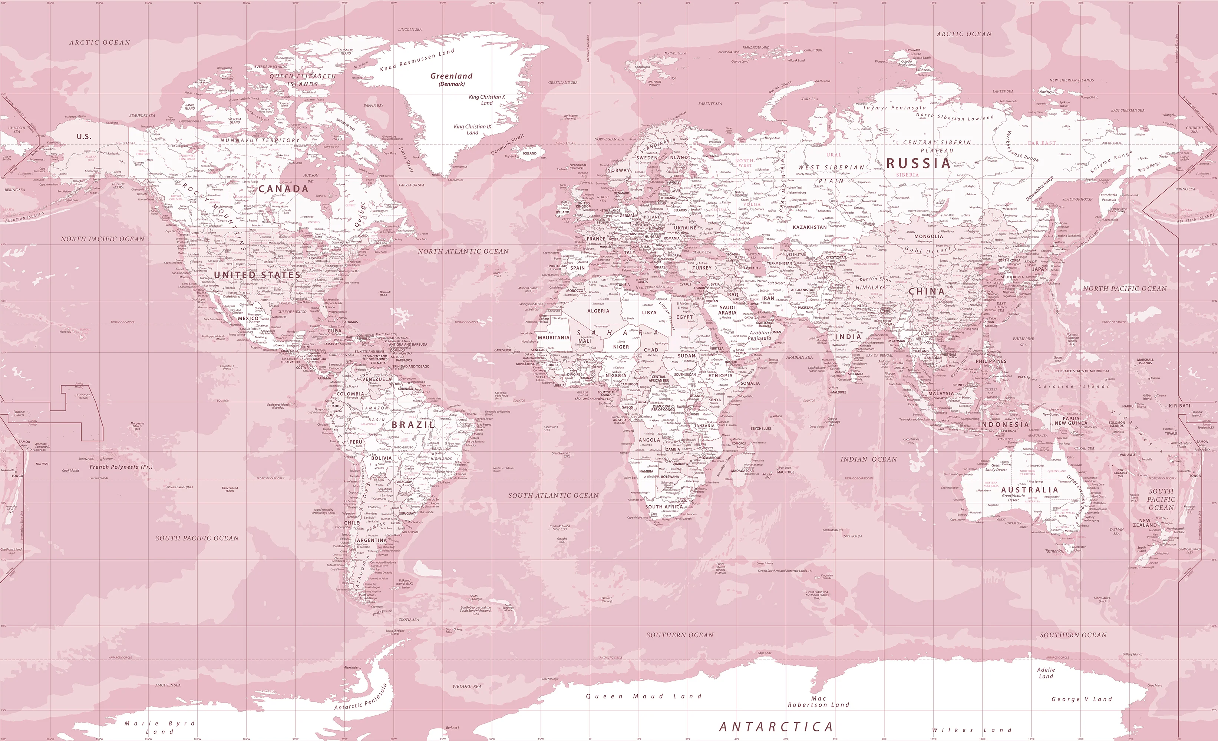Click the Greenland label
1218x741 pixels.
(451, 76)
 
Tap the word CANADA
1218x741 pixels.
(283, 189)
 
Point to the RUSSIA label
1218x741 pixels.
(918, 163)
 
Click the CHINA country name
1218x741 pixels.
(926, 292)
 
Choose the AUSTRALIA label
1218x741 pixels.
(1030, 490)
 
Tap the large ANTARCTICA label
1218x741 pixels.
(776, 727)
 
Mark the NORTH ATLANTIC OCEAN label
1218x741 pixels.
(463, 252)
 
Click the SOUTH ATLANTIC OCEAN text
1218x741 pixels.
(553, 495)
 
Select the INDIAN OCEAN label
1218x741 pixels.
(868, 459)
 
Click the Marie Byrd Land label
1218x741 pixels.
(160, 727)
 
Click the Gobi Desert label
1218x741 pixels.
(928, 250)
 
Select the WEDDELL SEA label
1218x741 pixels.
(467, 686)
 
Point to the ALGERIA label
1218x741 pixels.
(598, 311)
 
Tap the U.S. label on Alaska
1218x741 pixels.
(83, 136)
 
